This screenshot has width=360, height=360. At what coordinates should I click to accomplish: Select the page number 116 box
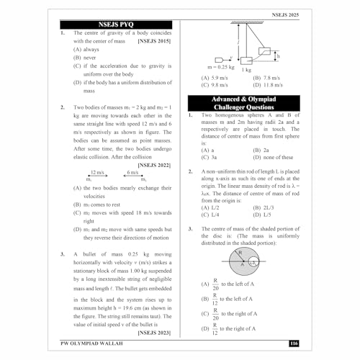point(293,343)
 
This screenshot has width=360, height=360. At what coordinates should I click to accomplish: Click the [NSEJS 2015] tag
point(155,42)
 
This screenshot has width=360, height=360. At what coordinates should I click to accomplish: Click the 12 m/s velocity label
point(96,173)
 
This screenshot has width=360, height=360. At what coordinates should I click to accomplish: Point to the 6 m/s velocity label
point(132,173)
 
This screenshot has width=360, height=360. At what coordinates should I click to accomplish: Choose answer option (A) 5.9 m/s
point(215,78)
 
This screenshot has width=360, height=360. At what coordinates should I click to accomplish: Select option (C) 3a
point(209,157)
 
